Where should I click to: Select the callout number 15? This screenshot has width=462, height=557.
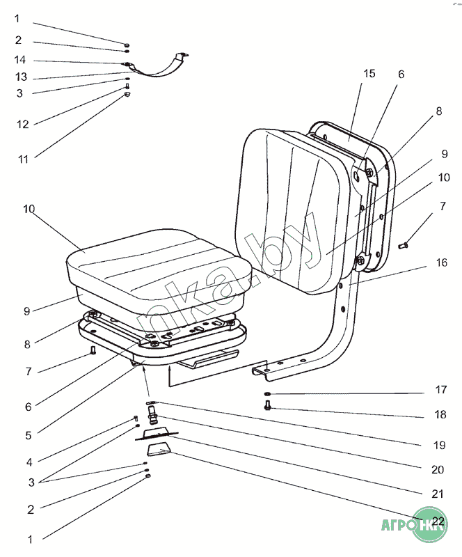tap(369, 73)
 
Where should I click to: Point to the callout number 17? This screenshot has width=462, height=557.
tap(441, 390)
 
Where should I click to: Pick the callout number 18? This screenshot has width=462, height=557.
tap(441, 415)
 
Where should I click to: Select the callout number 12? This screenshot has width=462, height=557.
tap(22, 124)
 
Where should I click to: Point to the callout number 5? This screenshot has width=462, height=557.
tap(28, 435)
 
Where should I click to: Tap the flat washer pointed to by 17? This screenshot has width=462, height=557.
tap(269, 395)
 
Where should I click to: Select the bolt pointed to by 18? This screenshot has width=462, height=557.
tap(268, 407)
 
